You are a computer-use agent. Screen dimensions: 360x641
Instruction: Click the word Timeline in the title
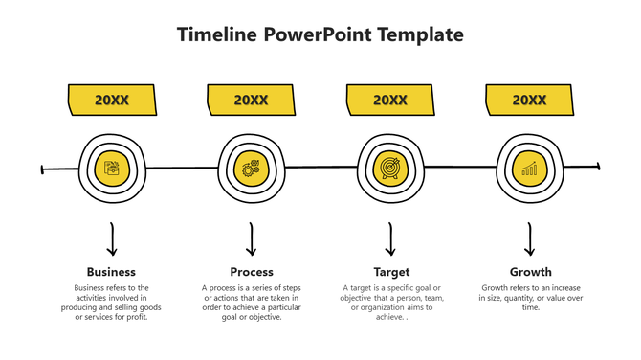217,35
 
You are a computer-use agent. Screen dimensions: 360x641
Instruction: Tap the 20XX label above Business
112,100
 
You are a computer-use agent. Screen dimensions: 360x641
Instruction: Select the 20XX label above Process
251,100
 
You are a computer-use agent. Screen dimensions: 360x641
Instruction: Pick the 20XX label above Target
390,100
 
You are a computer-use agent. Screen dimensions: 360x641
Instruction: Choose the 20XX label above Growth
529,100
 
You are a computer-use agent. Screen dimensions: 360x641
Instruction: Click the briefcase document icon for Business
112,169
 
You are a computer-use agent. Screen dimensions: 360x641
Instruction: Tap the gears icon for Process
251,169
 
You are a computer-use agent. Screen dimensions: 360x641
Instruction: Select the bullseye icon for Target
390,169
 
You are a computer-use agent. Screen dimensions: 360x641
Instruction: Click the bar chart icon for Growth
529,169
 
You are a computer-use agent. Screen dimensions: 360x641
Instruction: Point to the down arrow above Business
112,239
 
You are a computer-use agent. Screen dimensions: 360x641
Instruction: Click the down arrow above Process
252,239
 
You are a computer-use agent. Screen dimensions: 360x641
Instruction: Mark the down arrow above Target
390,239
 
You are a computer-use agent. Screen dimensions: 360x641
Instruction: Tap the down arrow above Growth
530,239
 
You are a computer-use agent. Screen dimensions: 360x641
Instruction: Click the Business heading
111,272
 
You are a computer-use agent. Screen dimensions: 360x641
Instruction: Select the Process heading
252,272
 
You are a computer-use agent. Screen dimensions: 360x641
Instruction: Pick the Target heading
390,272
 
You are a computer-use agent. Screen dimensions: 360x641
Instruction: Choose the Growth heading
530,272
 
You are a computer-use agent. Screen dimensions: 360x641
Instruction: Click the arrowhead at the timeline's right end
597,167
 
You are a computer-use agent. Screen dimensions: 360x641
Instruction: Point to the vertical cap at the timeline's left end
43,170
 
